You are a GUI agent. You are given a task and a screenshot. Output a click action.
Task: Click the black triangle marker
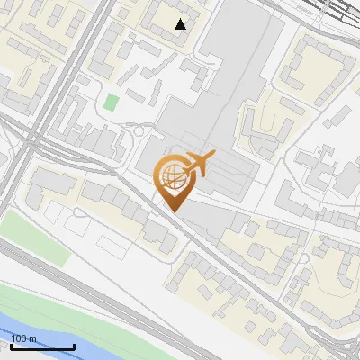pos(181,24)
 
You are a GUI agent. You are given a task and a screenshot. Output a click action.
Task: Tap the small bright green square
pos(110,102)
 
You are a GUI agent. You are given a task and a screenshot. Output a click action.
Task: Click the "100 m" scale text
pos(24,338)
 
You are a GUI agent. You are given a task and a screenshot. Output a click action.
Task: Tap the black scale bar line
pos(41,346)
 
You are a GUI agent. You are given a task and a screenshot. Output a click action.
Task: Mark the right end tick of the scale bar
pos(74,345)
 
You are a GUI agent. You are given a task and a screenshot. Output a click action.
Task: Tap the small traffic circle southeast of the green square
pos(140,132)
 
